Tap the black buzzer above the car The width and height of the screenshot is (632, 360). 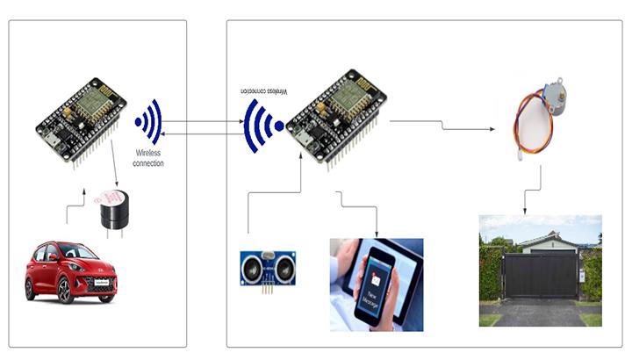click(111, 211)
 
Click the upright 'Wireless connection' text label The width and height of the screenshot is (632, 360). click(148, 158)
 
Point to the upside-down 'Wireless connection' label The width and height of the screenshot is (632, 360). click(268, 91)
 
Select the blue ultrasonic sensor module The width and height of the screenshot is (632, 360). click(268, 268)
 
